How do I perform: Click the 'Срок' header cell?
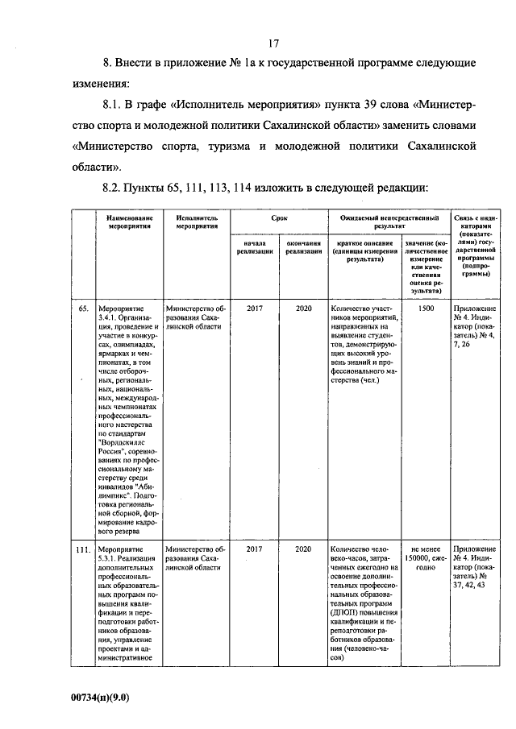[x=278, y=218]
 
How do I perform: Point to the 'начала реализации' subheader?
[x=254, y=247]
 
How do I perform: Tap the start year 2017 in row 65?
[x=254, y=309]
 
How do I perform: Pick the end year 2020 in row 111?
[x=302, y=549]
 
